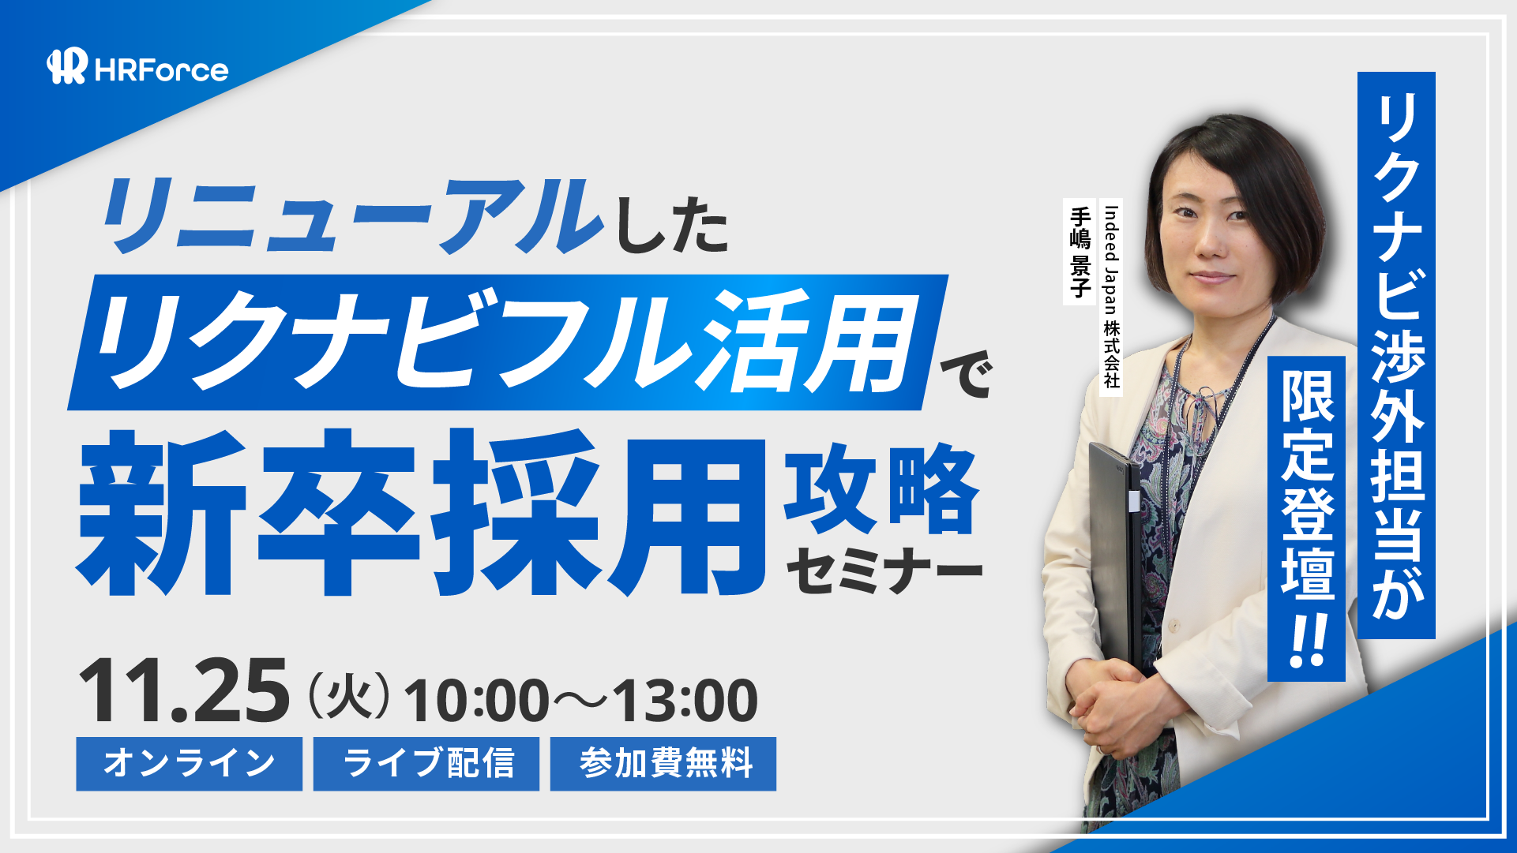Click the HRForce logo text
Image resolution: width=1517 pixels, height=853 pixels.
click(161, 70)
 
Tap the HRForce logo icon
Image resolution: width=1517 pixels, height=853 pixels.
click(67, 66)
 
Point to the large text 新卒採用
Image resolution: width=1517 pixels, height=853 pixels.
click(422, 512)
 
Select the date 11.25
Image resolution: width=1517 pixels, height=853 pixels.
click(184, 691)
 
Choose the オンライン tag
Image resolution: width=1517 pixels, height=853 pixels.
click(190, 764)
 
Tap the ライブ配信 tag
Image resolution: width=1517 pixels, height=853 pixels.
click(426, 764)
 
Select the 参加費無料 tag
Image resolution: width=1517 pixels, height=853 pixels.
click(663, 764)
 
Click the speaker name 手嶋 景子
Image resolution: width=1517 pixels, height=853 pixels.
click(1080, 252)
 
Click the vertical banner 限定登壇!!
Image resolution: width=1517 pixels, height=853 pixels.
click(1306, 518)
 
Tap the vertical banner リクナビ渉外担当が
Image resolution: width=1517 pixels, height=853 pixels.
click(1396, 355)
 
